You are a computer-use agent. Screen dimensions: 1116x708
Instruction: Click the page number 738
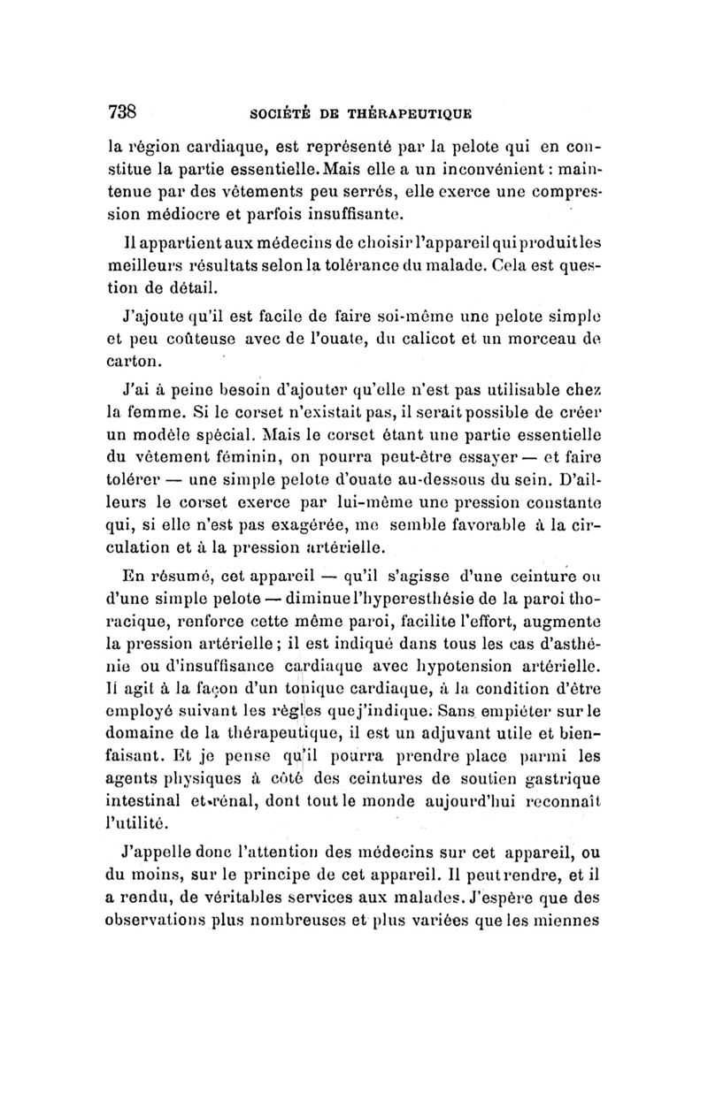coord(123,112)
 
